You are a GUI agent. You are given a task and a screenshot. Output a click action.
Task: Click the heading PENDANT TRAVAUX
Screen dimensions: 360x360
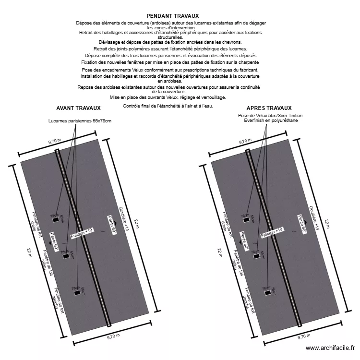click(x=172, y=16)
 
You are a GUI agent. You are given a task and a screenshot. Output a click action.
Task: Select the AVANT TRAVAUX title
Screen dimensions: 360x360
click(x=78, y=108)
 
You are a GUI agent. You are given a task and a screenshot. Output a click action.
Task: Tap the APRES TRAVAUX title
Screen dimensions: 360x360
click(x=269, y=108)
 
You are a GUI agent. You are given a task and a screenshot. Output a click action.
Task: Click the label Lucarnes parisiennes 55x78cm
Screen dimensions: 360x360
click(x=80, y=120)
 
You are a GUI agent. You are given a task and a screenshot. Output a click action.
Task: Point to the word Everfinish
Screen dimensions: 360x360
click(x=255, y=120)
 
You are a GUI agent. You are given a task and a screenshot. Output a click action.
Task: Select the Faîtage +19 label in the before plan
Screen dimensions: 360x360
click(x=82, y=233)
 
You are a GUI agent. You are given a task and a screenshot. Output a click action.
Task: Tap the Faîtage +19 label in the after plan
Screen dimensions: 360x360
click(x=272, y=233)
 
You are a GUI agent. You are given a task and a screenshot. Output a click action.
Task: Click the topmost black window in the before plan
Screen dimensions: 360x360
click(x=56, y=220)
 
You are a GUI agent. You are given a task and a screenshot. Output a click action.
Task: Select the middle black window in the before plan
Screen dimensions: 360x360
click(x=66, y=256)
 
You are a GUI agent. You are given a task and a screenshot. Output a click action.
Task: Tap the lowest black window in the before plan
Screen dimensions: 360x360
click(x=76, y=293)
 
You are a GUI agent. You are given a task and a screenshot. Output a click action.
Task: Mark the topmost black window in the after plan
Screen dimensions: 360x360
click(x=247, y=220)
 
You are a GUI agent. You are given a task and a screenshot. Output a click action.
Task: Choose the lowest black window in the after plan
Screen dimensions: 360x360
click(x=267, y=293)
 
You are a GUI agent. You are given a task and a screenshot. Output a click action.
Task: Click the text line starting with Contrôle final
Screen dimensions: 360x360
click(x=168, y=106)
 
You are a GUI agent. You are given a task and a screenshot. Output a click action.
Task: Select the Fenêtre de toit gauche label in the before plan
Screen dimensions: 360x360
click(x=59, y=299)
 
